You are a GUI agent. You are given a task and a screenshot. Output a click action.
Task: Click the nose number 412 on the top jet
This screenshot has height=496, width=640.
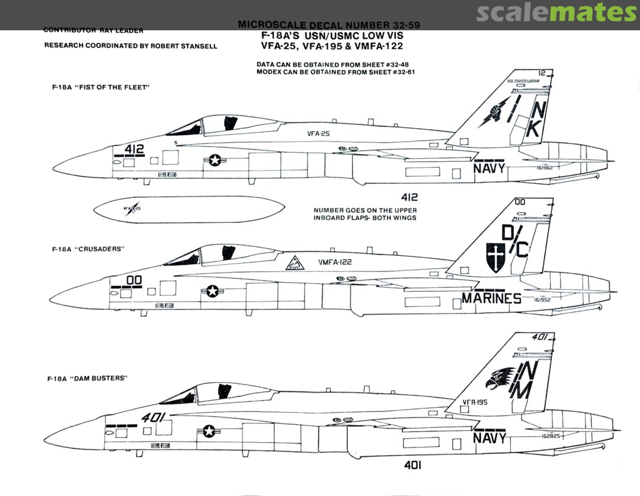click(135, 149)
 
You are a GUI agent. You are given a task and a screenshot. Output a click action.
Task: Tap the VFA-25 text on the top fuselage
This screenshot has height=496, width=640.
click(318, 134)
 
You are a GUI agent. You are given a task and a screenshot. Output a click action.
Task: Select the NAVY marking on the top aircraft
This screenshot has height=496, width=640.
click(489, 168)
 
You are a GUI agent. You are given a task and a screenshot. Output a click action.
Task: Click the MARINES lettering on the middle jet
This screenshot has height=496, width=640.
click(491, 298)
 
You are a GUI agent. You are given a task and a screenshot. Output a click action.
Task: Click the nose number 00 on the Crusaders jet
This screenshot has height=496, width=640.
click(134, 280)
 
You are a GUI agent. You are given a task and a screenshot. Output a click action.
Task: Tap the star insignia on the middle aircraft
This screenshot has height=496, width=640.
click(212, 291)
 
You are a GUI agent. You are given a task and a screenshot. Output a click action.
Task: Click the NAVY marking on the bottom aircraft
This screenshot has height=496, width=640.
click(489, 438)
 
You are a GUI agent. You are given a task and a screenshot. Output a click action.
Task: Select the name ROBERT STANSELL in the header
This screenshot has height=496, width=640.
click(188, 46)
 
